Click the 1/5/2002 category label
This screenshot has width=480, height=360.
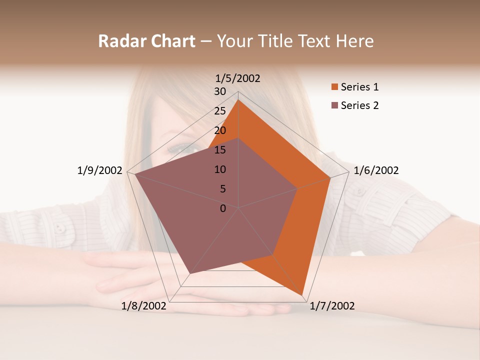pos(237,78)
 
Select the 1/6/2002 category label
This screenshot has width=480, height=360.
pos(376,170)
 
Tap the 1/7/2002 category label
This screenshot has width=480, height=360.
pos(332,306)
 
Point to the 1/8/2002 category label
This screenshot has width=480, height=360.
pos(144,306)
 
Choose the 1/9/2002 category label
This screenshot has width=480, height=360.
pos(100,170)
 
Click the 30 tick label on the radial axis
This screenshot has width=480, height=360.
pos(220,91)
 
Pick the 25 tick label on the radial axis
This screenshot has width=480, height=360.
pos(220,111)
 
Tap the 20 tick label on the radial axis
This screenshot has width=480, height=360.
pos(220,130)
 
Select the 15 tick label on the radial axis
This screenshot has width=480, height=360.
pos(220,150)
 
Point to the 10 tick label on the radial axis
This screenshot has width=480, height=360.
pos(220,169)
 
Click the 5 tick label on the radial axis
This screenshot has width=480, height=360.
pos(223,189)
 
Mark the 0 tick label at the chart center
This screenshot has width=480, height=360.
pos(223,208)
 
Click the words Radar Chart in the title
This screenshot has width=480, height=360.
pos(146,41)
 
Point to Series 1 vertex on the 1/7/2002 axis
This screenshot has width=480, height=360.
pos(303,295)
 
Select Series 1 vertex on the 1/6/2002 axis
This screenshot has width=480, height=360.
pos(330,177)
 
